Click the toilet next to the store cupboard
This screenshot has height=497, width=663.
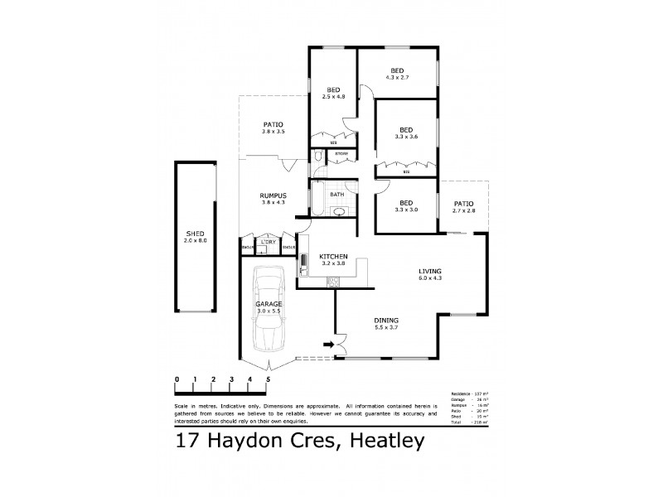(317, 156)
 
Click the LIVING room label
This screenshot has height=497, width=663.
(429, 272)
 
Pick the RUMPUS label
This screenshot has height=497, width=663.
(273, 195)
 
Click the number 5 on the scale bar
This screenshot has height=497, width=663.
(268, 379)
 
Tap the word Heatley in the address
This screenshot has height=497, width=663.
(382, 441)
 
